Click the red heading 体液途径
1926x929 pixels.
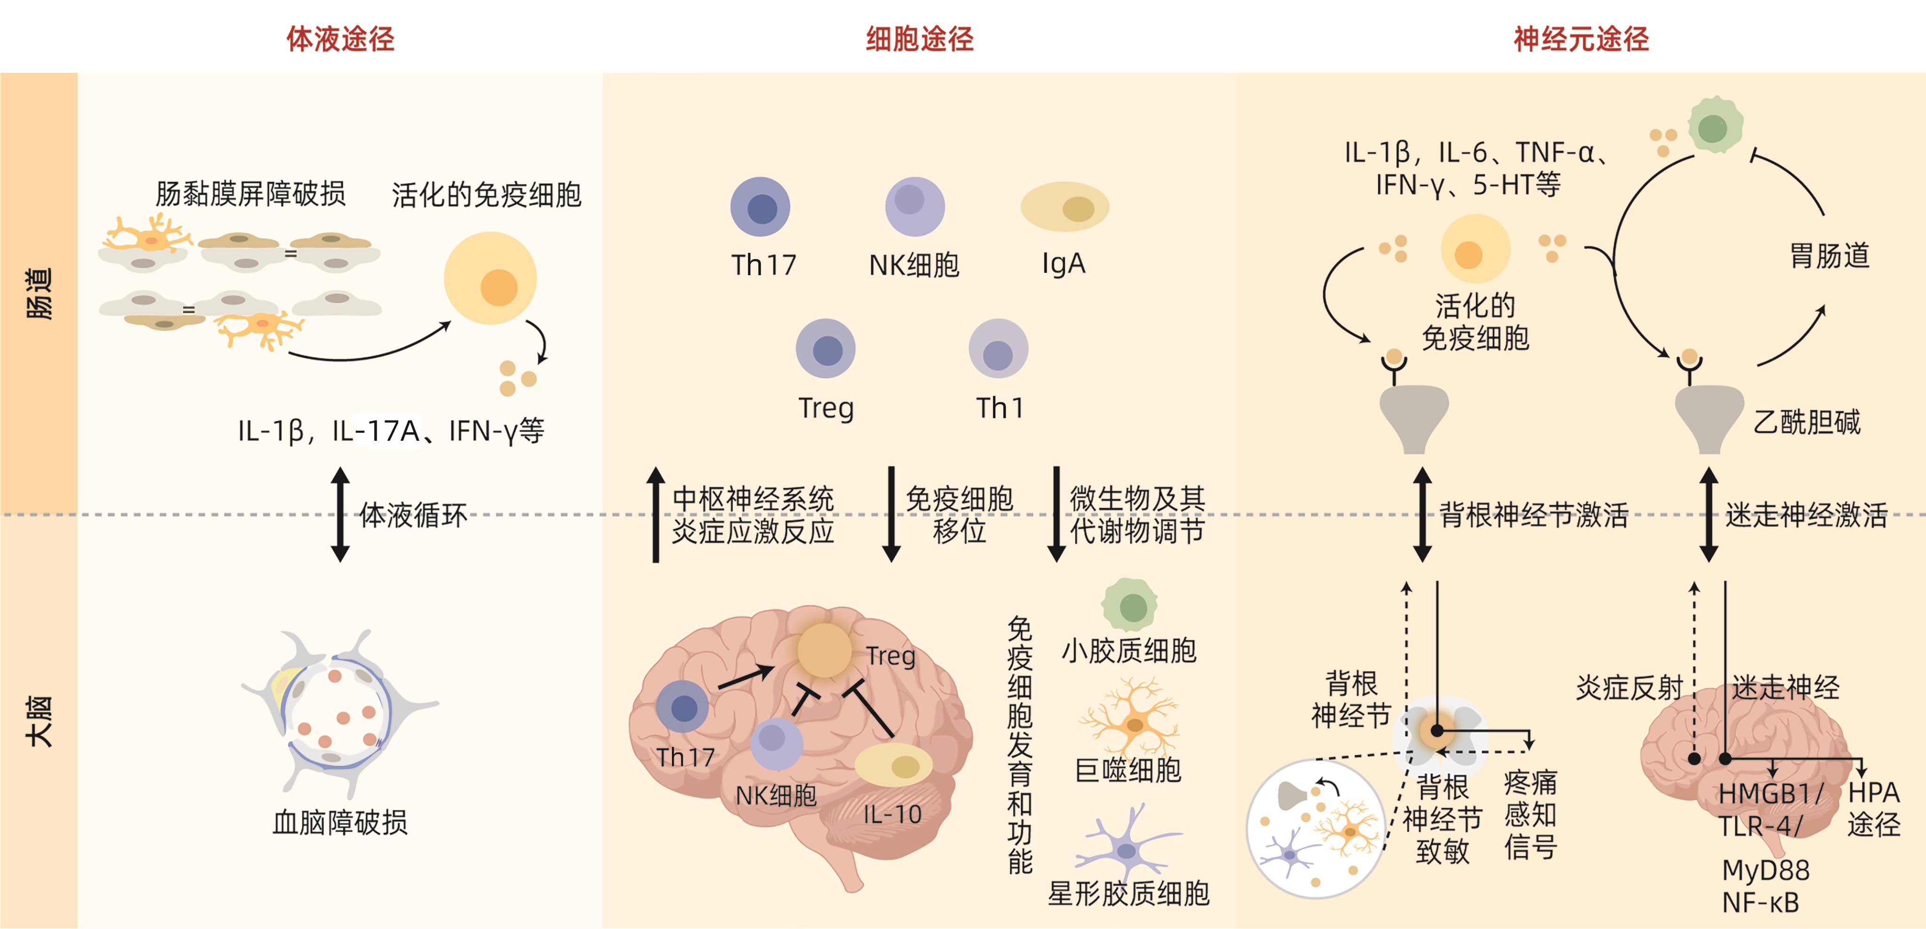(340, 39)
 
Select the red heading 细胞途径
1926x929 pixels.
(920, 39)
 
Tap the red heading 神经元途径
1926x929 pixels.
(1581, 39)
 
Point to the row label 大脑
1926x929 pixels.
(39, 722)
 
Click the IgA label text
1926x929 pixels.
(1063, 263)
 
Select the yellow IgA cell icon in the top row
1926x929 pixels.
(1065, 207)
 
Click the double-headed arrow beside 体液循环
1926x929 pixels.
(340, 515)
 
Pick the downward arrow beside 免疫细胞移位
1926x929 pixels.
(891, 515)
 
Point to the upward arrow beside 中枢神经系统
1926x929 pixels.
(655, 515)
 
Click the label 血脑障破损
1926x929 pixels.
(340, 823)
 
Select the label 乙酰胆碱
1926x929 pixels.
(1807, 422)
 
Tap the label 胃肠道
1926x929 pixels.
(1829, 256)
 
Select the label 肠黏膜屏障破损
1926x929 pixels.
(251, 194)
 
